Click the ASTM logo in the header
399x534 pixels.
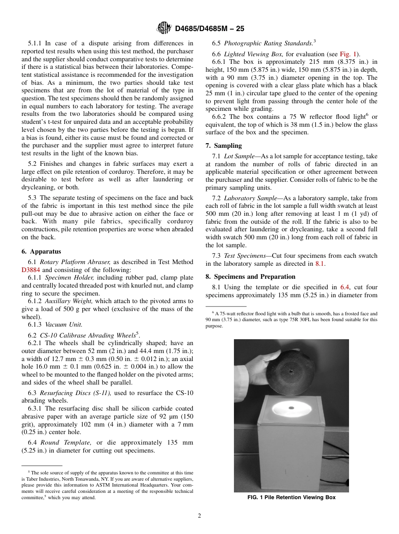click(164, 29)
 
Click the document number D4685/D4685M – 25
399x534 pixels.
click(209, 29)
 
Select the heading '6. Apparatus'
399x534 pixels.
click(41, 251)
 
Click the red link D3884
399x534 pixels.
click(31, 270)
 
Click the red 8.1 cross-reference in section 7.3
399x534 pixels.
click(320, 264)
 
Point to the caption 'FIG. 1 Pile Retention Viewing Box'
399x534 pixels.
click(291, 497)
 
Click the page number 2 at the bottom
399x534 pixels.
click(199, 516)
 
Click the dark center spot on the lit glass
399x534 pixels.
click(291, 407)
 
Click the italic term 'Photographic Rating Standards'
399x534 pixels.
click(268, 43)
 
